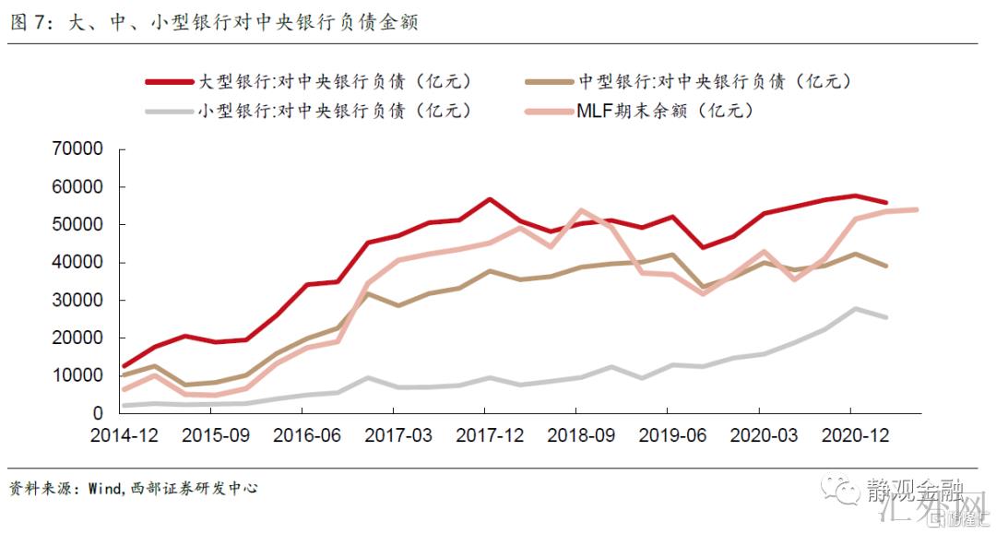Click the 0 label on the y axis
point(97,414)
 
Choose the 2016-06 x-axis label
point(308,436)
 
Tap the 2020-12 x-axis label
point(853,436)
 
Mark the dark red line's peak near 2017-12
point(489,199)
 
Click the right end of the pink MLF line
point(916,209)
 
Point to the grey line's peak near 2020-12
point(855,309)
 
